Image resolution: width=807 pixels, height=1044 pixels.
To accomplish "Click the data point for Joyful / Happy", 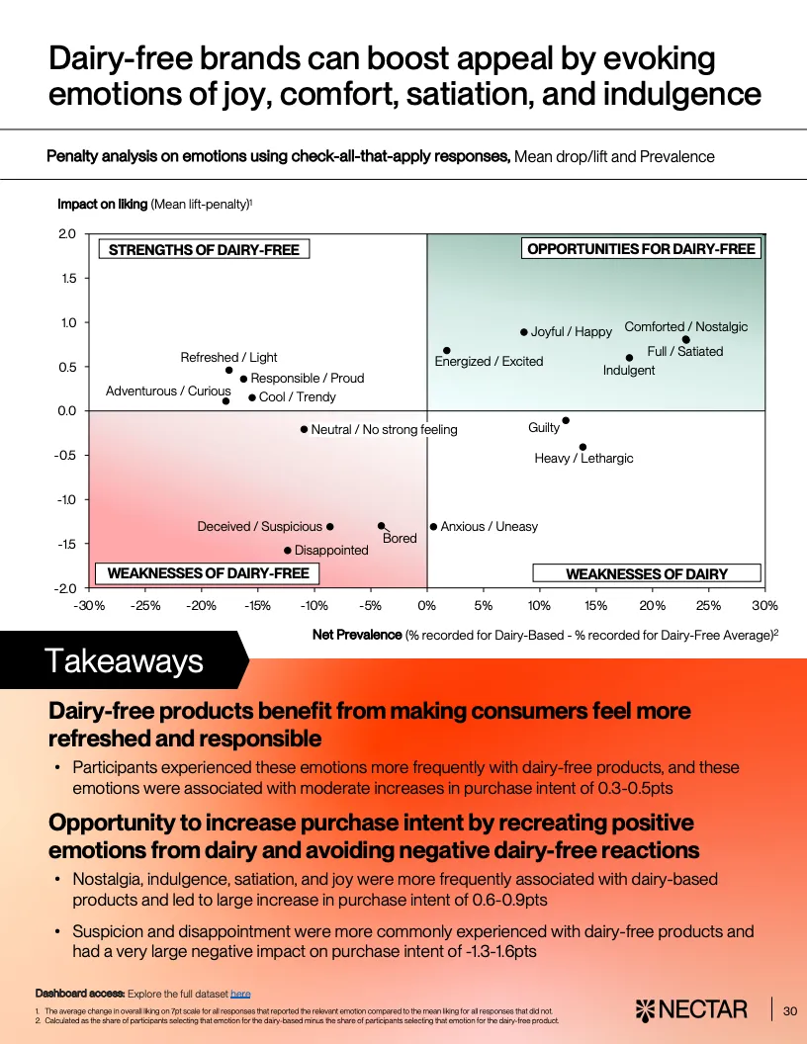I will [524, 332].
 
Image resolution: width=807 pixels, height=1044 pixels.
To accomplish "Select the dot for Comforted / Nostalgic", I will [686, 340].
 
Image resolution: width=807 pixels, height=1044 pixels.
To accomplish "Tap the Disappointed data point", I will [288, 551].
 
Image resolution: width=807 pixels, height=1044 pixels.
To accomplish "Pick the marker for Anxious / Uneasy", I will [433, 527].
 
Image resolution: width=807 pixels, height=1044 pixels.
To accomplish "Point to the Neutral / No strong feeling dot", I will [304, 429].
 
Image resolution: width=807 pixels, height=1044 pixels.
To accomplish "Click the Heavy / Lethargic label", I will [583, 459].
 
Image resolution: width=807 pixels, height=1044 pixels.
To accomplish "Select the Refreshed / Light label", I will [228, 358].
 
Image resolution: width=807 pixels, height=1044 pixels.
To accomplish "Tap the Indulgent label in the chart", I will [629, 371].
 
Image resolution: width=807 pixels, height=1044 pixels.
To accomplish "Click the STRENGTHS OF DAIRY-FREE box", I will [204, 250].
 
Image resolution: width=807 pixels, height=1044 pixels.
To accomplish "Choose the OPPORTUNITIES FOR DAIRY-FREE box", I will [641, 249].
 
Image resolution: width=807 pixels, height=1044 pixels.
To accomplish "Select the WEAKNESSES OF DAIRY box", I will [646, 573].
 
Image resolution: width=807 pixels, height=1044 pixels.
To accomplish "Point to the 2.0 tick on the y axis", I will [67, 234].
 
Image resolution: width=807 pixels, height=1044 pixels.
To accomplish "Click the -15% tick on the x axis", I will [258, 605].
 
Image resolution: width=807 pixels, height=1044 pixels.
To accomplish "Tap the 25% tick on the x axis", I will [708, 605].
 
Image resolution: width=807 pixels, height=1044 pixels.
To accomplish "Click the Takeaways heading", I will [124, 660].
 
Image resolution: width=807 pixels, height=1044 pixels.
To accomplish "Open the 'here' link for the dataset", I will [240, 992].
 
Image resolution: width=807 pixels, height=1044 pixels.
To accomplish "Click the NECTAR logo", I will [691, 1009].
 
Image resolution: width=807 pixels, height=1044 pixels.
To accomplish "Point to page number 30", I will [789, 1010].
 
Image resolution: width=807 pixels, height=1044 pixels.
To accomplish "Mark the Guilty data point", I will [566, 420].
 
